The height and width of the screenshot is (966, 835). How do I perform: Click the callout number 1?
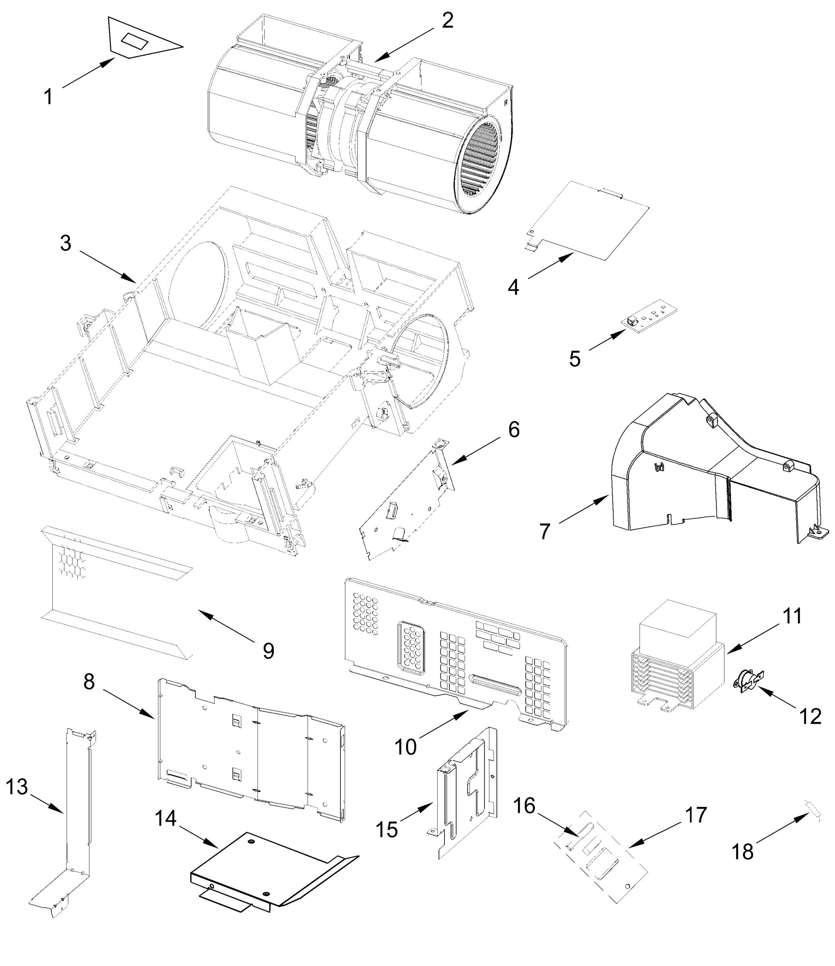pyautogui.click(x=48, y=97)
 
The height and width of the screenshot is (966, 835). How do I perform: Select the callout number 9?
pyautogui.click(x=268, y=650)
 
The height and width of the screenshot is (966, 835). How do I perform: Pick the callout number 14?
pyautogui.click(x=165, y=818)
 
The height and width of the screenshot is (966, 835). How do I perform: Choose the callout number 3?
pyautogui.click(x=66, y=243)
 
